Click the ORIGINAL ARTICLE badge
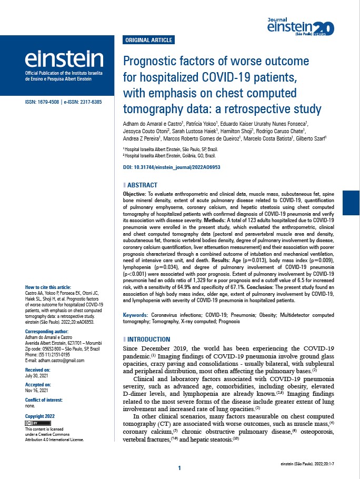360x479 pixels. (x=148, y=40)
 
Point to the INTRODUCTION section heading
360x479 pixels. (x=148, y=339)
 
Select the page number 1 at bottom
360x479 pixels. (x=179, y=468)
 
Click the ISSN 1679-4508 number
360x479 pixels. (x=42, y=102)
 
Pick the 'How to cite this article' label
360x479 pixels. (x=48, y=287)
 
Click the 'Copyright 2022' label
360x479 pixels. (x=40, y=416)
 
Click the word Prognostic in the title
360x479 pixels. (x=149, y=61)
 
